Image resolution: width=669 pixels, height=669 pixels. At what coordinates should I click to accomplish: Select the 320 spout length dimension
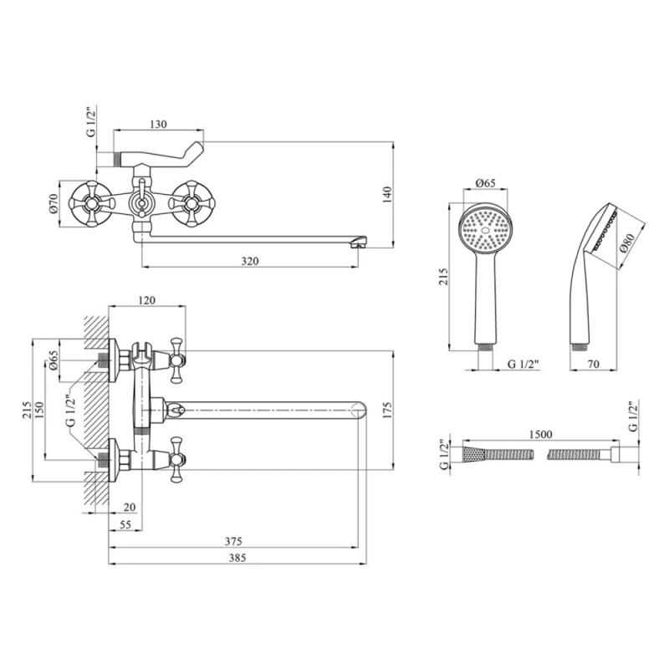click(x=250, y=261)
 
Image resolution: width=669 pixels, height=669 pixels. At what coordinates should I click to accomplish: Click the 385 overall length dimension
click(x=238, y=558)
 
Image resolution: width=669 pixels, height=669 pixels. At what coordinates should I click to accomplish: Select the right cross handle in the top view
click(x=189, y=202)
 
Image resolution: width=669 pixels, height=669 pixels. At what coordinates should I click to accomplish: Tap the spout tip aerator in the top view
click(x=359, y=243)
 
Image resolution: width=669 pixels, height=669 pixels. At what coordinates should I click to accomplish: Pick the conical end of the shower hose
click(x=473, y=454)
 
